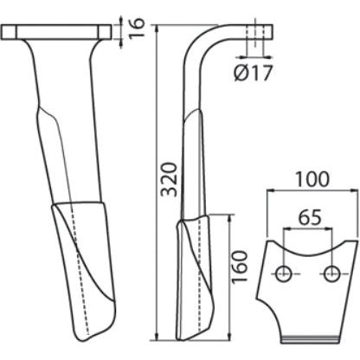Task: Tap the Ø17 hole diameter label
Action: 253,74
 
